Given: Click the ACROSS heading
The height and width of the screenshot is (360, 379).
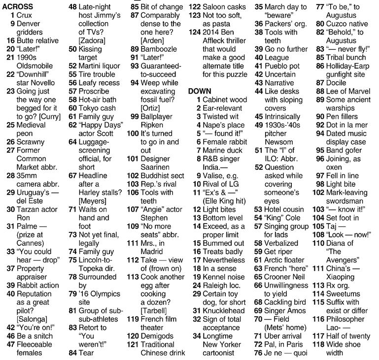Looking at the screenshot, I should (x=18, y=7).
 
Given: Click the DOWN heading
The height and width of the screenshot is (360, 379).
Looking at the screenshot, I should (x=200, y=92).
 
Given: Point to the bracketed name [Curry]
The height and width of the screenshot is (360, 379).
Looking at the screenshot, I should (x=48, y=116).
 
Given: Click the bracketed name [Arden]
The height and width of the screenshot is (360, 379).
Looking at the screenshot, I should (x=153, y=40).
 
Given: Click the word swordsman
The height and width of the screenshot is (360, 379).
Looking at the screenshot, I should (x=345, y=200).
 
